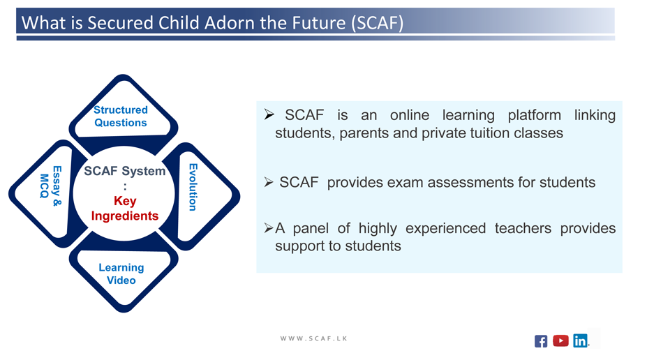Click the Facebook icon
click(541, 341)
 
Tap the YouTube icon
click(560, 340)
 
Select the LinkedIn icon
click(580, 340)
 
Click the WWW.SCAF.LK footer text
click(313, 338)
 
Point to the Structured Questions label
click(121, 117)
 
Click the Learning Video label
click(121, 273)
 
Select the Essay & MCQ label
click(51, 186)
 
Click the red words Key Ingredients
click(125, 208)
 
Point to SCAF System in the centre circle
click(125, 171)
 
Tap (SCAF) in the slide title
click(378, 23)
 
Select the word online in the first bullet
click(410, 115)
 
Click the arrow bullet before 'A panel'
click(269, 227)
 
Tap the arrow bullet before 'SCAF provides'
click(269, 182)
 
